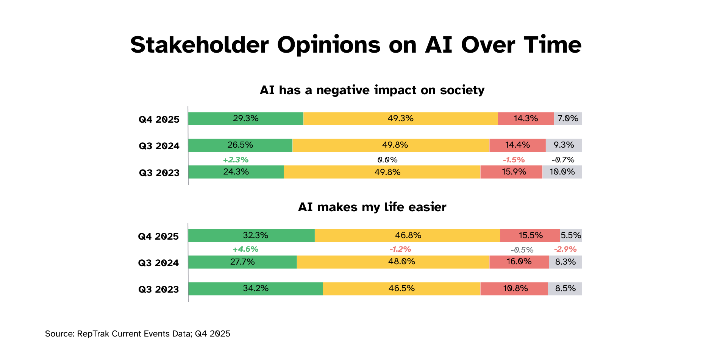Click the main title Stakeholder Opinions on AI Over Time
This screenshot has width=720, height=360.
pyautogui.click(x=356, y=45)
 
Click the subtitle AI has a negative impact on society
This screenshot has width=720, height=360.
pyautogui.click(x=372, y=90)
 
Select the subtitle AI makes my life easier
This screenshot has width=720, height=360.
pyautogui.click(x=372, y=207)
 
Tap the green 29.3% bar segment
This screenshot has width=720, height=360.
pyautogui.click(x=245, y=118)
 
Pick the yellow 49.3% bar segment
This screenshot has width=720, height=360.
pyautogui.click(x=400, y=118)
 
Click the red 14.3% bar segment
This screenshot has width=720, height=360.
pyautogui.click(x=526, y=118)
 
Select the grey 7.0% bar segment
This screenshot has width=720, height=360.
pyautogui.click(x=568, y=118)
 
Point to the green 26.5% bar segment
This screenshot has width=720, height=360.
pyautogui.click(x=240, y=145)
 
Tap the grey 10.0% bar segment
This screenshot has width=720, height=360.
pyautogui.click(x=562, y=172)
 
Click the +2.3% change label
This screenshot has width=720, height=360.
pyautogui.click(x=236, y=160)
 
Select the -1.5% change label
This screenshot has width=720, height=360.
pyautogui.click(x=514, y=160)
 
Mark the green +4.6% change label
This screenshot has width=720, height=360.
pyautogui.click(x=245, y=249)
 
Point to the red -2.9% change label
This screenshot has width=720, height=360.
pyautogui.click(x=565, y=249)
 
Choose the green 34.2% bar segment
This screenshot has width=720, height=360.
pyautogui.click(x=256, y=288)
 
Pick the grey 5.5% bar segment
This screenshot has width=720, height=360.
pyautogui.click(x=571, y=235)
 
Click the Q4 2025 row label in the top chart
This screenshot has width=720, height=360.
pyautogui.click(x=159, y=120)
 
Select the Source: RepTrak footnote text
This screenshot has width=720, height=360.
pyautogui.click(x=137, y=334)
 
